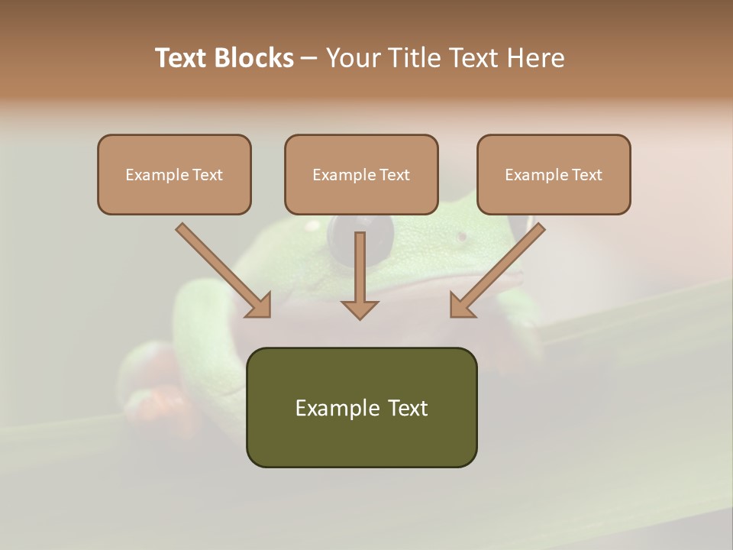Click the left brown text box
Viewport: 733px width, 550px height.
point(174,174)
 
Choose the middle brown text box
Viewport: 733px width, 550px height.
point(361,174)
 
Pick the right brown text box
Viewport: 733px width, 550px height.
point(554,174)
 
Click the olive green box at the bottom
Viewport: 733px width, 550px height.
point(361,407)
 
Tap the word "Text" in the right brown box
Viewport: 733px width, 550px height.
point(587,175)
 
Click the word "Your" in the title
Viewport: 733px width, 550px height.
point(356,58)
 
